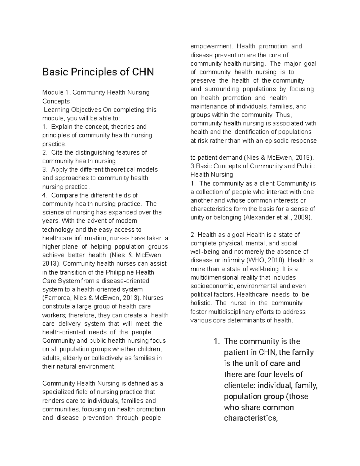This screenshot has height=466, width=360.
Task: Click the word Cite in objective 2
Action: (x=56, y=152)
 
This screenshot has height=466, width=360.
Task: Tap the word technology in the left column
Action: (x=58, y=230)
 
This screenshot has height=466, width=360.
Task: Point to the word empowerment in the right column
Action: (x=211, y=47)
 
